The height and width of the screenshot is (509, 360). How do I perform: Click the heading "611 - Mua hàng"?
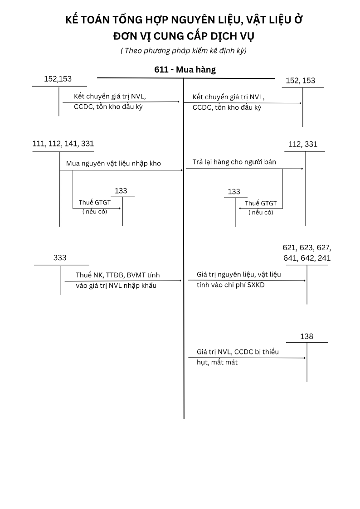pyautogui.click(x=185, y=70)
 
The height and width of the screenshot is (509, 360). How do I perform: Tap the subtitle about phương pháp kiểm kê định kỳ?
pyautogui.click(x=184, y=51)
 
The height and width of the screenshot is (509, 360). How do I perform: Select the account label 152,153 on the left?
pyautogui.click(x=58, y=79)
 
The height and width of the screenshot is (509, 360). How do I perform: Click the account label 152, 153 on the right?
pyautogui.click(x=301, y=81)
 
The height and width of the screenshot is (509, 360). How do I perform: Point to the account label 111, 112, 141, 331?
pyautogui.click(x=63, y=144)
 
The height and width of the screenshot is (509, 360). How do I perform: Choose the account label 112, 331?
pyautogui.click(x=303, y=145)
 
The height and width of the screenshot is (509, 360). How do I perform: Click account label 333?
pyautogui.click(x=60, y=258)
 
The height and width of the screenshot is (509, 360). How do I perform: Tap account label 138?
pyautogui.click(x=306, y=336)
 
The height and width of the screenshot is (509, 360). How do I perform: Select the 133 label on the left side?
pyautogui.click(x=121, y=191)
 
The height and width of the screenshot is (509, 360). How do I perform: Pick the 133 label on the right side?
pyautogui.click(x=234, y=192)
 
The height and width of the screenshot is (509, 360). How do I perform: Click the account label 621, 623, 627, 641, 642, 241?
pyautogui.click(x=306, y=253)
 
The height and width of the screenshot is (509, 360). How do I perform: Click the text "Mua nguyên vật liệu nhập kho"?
pyautogui.click(x=113, y=163)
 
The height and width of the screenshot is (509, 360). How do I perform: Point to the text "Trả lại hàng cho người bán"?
pyautogui.click(x=234, y=162)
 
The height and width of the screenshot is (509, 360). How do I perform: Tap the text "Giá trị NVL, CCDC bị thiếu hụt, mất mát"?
pyautogui.click(x=238, y=357)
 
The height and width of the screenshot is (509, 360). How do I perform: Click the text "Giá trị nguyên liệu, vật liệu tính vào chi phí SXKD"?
pyautogui.click(x=239, y=280)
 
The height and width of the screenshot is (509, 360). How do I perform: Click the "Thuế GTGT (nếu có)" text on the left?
pyautogui.click(x=95, y=207)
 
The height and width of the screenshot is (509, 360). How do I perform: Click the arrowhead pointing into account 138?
pyautogui.click(x=305, y=358)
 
